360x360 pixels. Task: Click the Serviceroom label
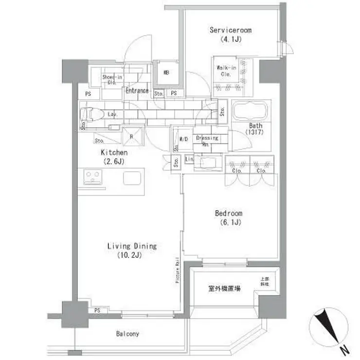click(x=230, y=34)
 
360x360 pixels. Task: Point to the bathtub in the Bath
click(x=250, y=112)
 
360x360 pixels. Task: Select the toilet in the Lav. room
click(x=92, y=114)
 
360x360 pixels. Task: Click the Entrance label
click(x=137, y=91)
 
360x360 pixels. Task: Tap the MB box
click(x=165, y=73)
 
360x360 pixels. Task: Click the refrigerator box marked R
click(x=132, y=136)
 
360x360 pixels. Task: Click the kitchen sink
click(x=131, y=179)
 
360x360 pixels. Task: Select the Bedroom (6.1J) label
click(x=228, y=217)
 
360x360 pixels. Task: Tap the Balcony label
click(x=127, y=334)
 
